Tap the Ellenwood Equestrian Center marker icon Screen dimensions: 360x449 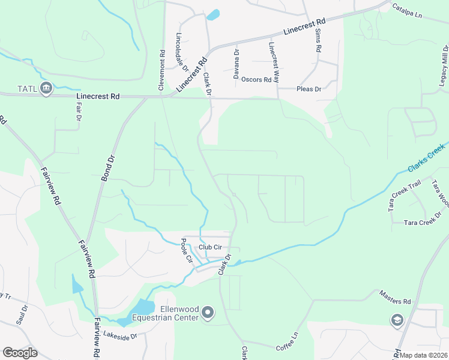coord(208,312)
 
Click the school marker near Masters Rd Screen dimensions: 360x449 coord(396,320)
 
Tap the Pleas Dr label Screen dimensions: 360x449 coord(309,89)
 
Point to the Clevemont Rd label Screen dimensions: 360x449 coord(161,71)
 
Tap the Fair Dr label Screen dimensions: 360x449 coord(79,112)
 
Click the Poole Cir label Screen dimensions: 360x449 coord(186,251)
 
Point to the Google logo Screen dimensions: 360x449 coord(20,353)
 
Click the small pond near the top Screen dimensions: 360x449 coord(213,14)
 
